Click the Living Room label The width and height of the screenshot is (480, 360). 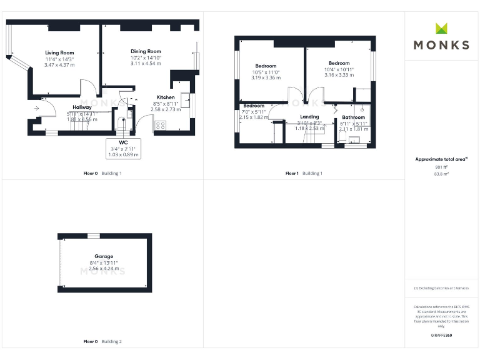pos(59,53)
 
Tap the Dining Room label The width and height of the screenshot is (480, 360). pos(146,51)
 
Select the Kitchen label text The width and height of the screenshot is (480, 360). pos(166,97)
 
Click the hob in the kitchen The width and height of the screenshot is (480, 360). pos(160,125)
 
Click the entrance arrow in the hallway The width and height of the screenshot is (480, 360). pos(37,108)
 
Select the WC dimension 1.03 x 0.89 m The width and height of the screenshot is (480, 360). pos(123,154)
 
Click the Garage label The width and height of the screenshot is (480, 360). pos(104,257)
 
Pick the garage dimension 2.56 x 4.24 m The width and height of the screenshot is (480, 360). pos(104,268)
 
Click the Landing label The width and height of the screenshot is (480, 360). pos(309,117)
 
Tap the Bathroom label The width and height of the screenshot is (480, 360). pos(353,117)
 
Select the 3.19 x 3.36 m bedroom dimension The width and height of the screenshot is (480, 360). pos(266,78)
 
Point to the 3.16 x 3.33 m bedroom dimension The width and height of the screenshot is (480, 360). pos(339,74)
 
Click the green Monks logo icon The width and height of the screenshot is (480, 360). pos(441,28)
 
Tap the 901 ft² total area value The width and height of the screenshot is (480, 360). pos(441,167)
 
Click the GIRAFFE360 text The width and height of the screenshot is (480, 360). pos(441,336)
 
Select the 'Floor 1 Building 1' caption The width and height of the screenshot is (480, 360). pos(304,173)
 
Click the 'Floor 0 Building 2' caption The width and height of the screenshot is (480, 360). pos(102,342)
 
